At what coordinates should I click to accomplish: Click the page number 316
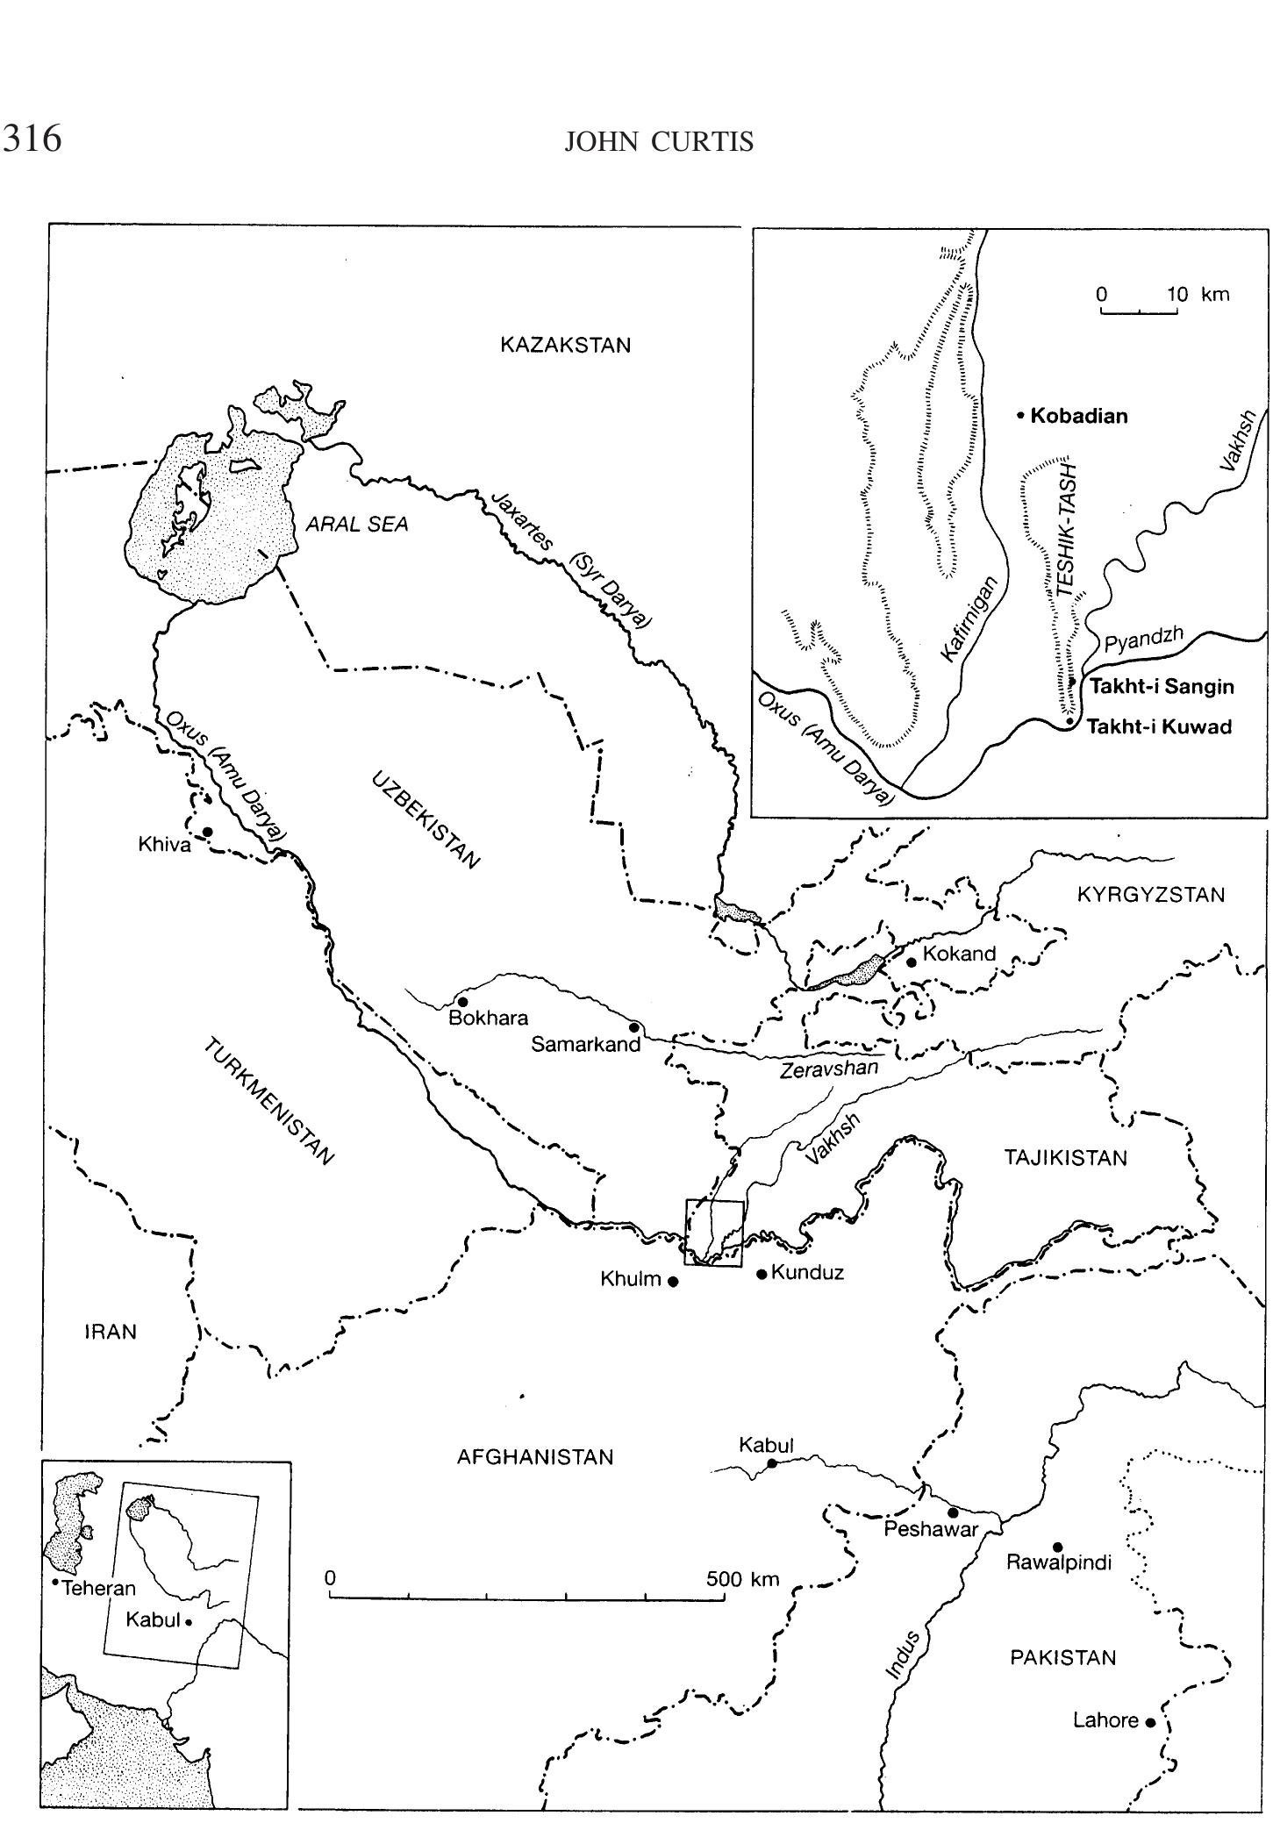(x=32, y=139)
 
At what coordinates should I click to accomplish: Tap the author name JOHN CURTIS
(x=659, y=142)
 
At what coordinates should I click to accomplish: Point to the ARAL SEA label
(x=357, y=525)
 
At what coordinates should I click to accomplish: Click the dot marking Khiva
(x=207, y=831)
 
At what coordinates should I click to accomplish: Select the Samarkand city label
(x=586, y=1044)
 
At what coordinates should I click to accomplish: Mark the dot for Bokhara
(x=462, y=1001)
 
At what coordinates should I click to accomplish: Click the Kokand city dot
(x=911, y=962)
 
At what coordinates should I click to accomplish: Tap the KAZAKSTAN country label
(x=565, y=345)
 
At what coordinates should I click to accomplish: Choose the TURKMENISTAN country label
(x=269, y=1102)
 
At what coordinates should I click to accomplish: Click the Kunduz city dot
(x=762, y=1273)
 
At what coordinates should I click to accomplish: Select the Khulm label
(x=630, y=1279)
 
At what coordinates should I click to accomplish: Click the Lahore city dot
(x=1150, y=1722)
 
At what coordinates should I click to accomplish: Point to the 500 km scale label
(x=742, y=1579)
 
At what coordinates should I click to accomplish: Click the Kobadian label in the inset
(x=1078, y=416)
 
